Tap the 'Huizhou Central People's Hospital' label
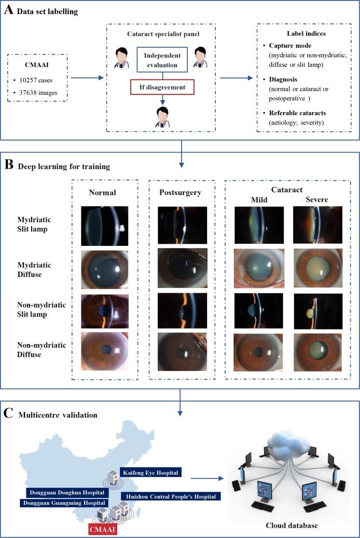pyautogui.click(x=171, y=496)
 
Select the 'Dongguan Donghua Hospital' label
pyautogui.click(x=65, y=492)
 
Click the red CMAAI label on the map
pyautogui.click(x=102, y=529)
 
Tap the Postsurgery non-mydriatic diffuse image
pyautogui.click(x=182, y=352)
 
